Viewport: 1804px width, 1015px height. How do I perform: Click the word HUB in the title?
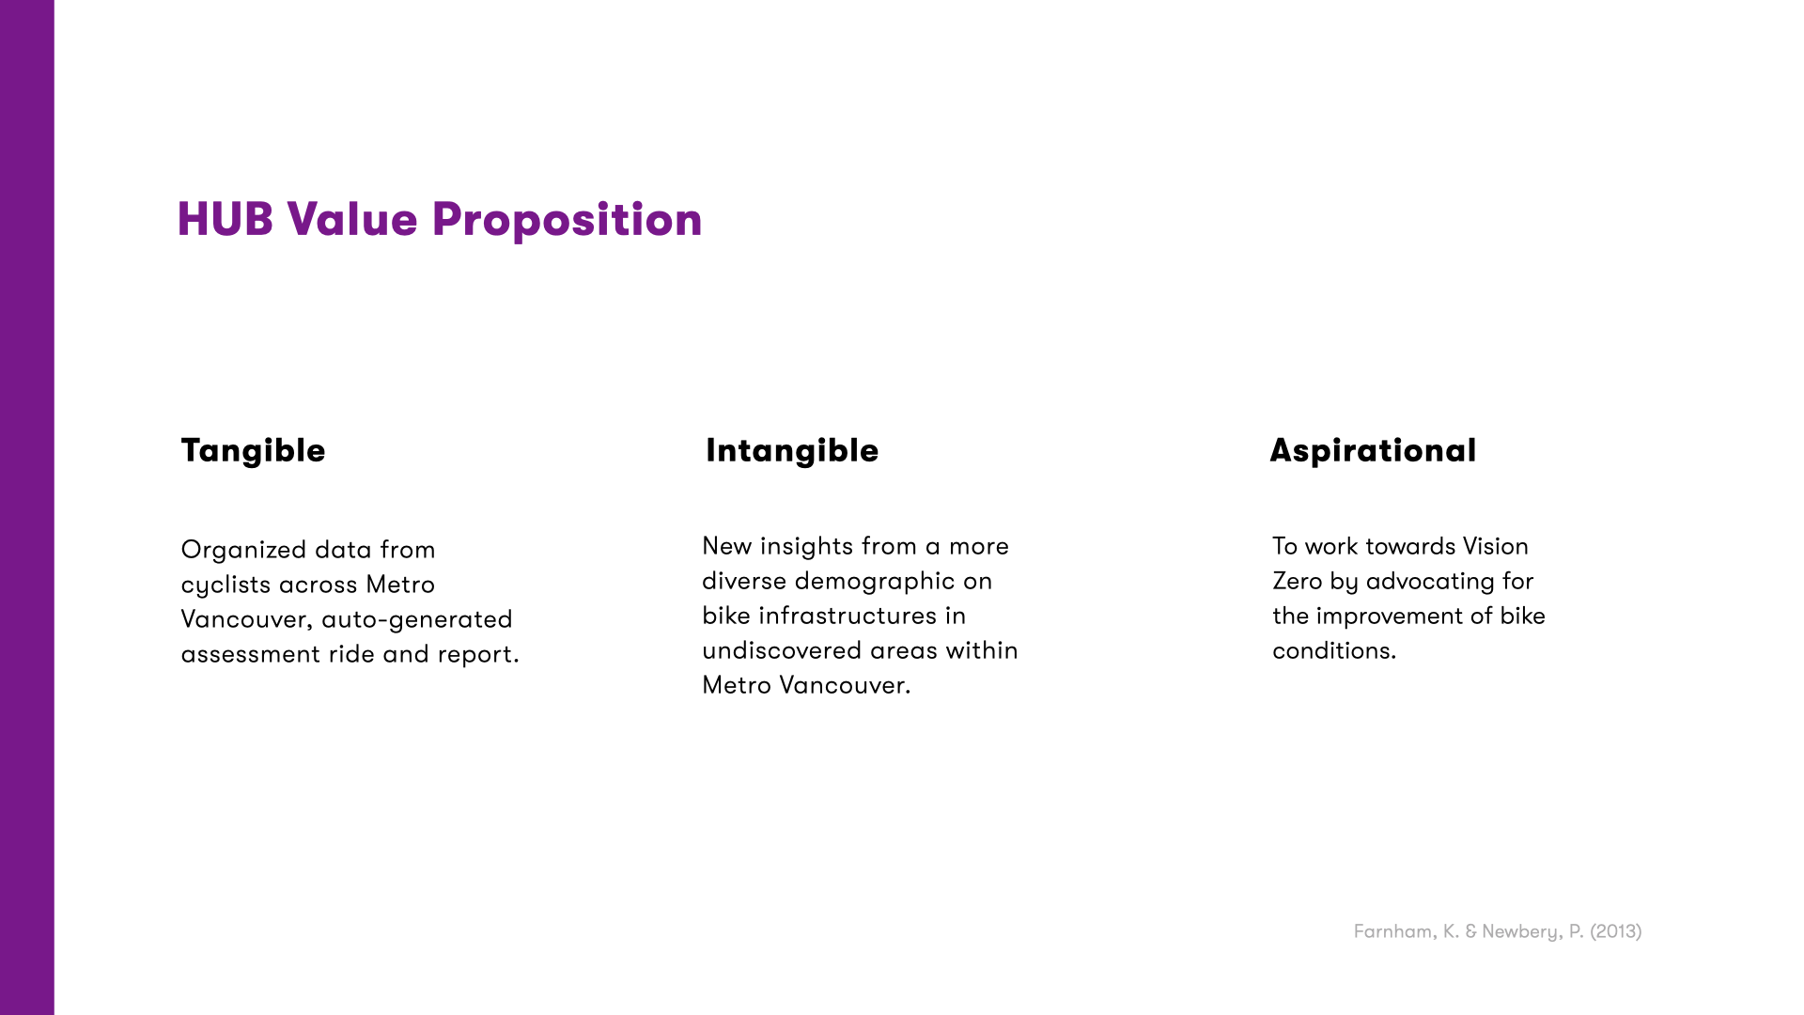pyautogui.click(x=225, y=219)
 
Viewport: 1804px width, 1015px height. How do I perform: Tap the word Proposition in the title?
pyautogui.click(x=567, y=221)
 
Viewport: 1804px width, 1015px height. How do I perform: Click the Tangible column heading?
pyautogui.click(x=253, y=450)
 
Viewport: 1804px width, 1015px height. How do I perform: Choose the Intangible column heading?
pyautogui.click(x=792, y=450)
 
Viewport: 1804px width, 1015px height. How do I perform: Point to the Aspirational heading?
pyautogui.click(x=1373, y=450)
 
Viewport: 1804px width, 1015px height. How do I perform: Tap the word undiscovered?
pyautogui.click(x=782, y=650)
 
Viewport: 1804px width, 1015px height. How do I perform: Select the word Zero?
pyautogui.click(x=1297, y=581)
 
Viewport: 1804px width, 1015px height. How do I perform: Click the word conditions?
pyautogui.click(x=1333, y=650)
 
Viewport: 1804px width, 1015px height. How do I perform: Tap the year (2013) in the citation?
pyautogui.click(x=1616, y=931)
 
